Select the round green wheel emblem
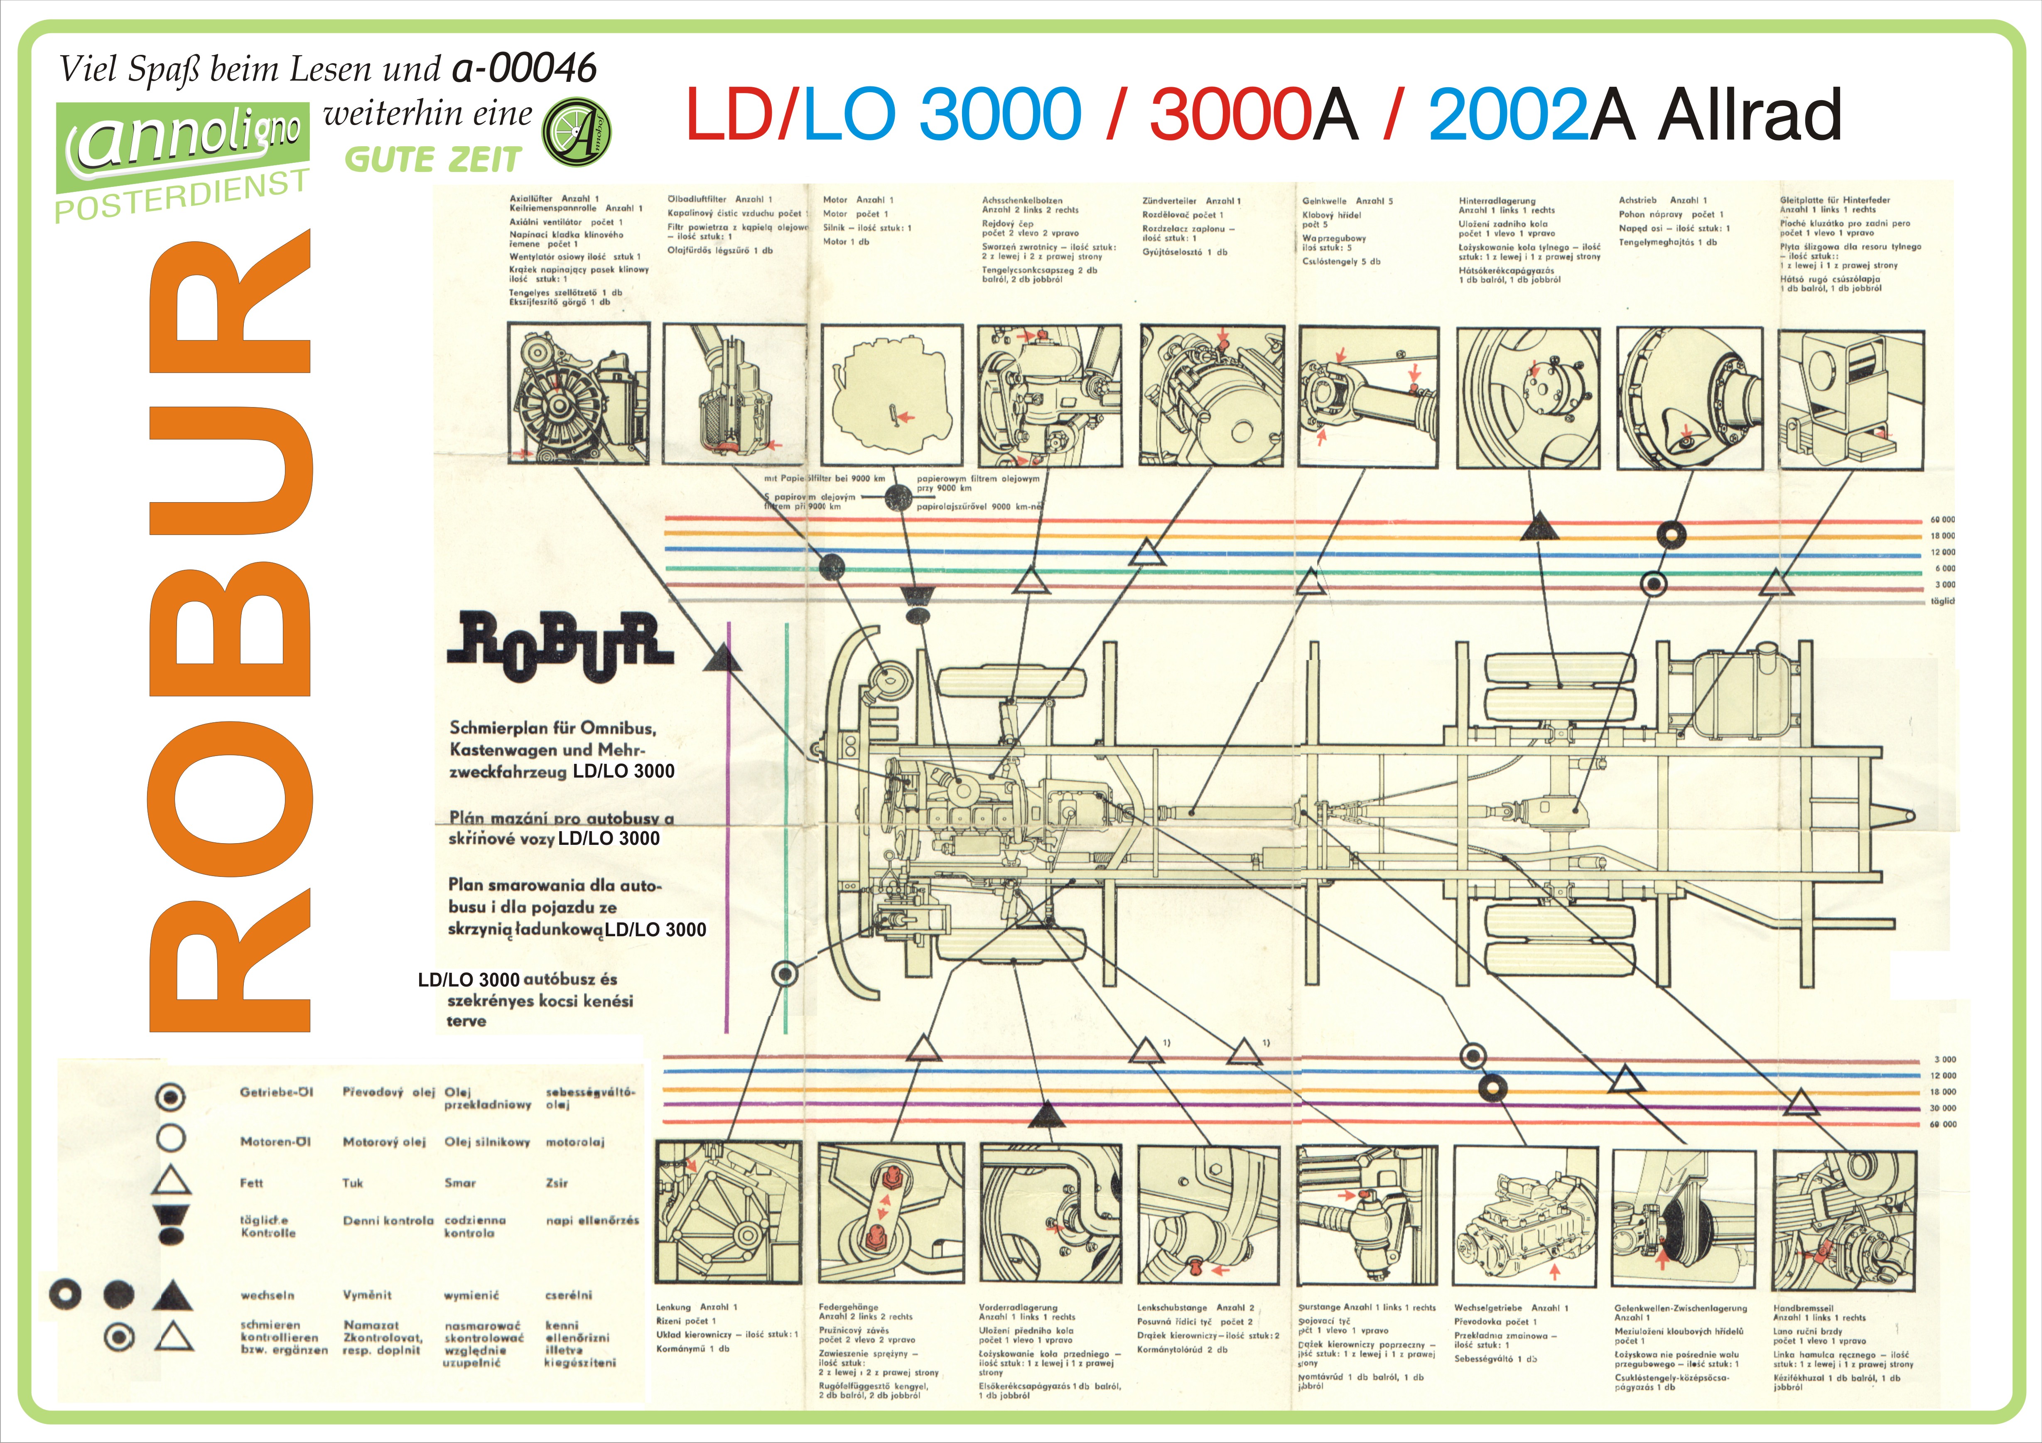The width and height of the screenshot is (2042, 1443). click(x=576, y=133)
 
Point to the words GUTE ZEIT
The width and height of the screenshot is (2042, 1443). click(x=432, y=160)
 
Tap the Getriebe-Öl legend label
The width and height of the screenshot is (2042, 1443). click(x=277, y=1092)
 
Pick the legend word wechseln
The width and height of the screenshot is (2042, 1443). click(x=267, y=1296)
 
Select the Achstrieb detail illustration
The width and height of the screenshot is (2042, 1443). click(x=1689, y=398)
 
